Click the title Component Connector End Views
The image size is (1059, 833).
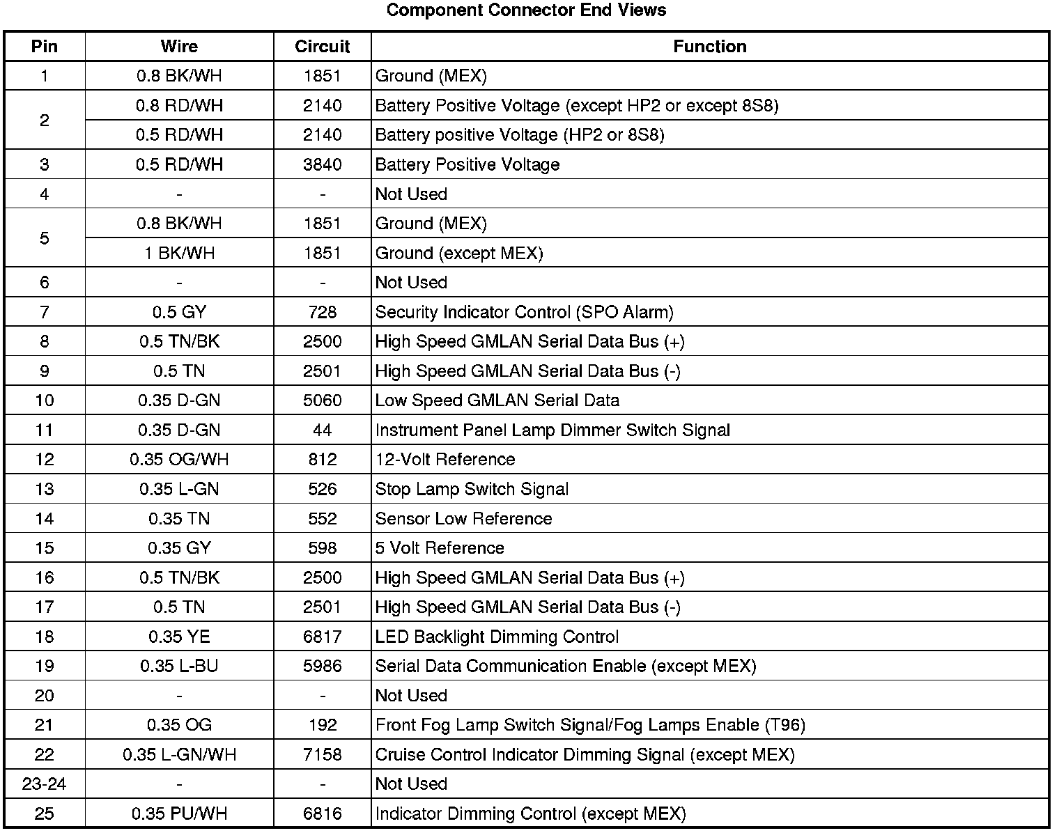tap(526, 10)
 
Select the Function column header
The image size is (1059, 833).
tap(709, 47)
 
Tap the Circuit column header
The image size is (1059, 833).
tap(322, 47)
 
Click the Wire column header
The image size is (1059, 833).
tap(179, 47)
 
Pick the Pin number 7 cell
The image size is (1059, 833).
tap(45, 312)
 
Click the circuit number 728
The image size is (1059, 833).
tap(322, 312)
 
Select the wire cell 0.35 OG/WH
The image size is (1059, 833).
tap(179, 460)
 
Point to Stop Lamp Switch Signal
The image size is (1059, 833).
tap(472, 489)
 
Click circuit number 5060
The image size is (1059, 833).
tap(322, 400)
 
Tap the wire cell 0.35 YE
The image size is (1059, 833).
tap(179, 637)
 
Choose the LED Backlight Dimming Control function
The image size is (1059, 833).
tap(497, 637)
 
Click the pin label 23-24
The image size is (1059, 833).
tap(45, 784)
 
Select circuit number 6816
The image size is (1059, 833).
tap(322, 813)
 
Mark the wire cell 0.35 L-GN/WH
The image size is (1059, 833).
tap(179, 755)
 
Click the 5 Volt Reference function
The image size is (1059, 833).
tap(440, 548)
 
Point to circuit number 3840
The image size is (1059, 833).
tap(322, 164)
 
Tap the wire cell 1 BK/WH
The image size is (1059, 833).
tap(179, 253)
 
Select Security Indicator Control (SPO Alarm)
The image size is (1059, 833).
tap(524, 312)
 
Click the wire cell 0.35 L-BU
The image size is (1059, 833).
tap(179, 667)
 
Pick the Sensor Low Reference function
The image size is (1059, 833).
tap(463, 519)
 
